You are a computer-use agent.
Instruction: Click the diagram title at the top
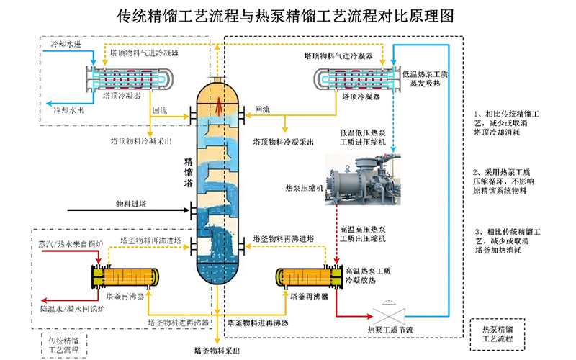288,17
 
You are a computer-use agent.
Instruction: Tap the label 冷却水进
67,45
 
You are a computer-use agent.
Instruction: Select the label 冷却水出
69,111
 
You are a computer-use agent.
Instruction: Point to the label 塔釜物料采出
217,351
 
